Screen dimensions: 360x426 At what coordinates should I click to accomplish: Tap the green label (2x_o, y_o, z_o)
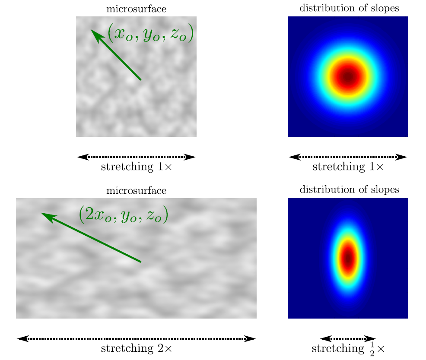tap(123, 215)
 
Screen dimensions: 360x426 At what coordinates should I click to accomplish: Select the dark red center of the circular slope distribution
tap(348, 77)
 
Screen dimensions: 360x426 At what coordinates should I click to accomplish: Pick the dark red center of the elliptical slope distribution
tap(348, 258)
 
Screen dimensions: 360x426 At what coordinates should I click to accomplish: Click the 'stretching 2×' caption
tap(136, 348)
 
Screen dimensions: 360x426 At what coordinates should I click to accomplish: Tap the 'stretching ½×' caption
tap(348, 348)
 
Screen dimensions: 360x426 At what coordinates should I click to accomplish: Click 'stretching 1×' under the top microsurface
tap(136, 167)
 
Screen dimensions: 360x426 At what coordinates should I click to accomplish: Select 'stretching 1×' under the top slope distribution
tap(348, 167)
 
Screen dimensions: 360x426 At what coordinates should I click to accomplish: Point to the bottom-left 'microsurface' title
tap(136, 190)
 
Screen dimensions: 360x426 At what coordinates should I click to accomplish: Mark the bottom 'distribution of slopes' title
tap(348, 190)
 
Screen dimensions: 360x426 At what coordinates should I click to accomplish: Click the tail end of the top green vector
tap(141, 80)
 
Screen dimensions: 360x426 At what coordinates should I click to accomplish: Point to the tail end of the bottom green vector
tap(141, 262)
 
